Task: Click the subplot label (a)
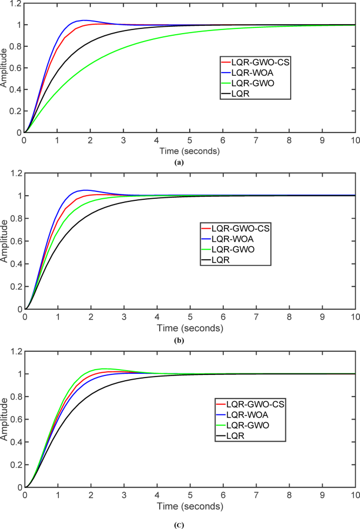(180, 163)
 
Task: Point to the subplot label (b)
(180, 341)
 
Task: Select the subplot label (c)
(180, 524)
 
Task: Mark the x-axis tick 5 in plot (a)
(190, 141)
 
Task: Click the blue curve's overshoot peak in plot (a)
(84, 20)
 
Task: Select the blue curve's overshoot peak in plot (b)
(85, 190)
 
